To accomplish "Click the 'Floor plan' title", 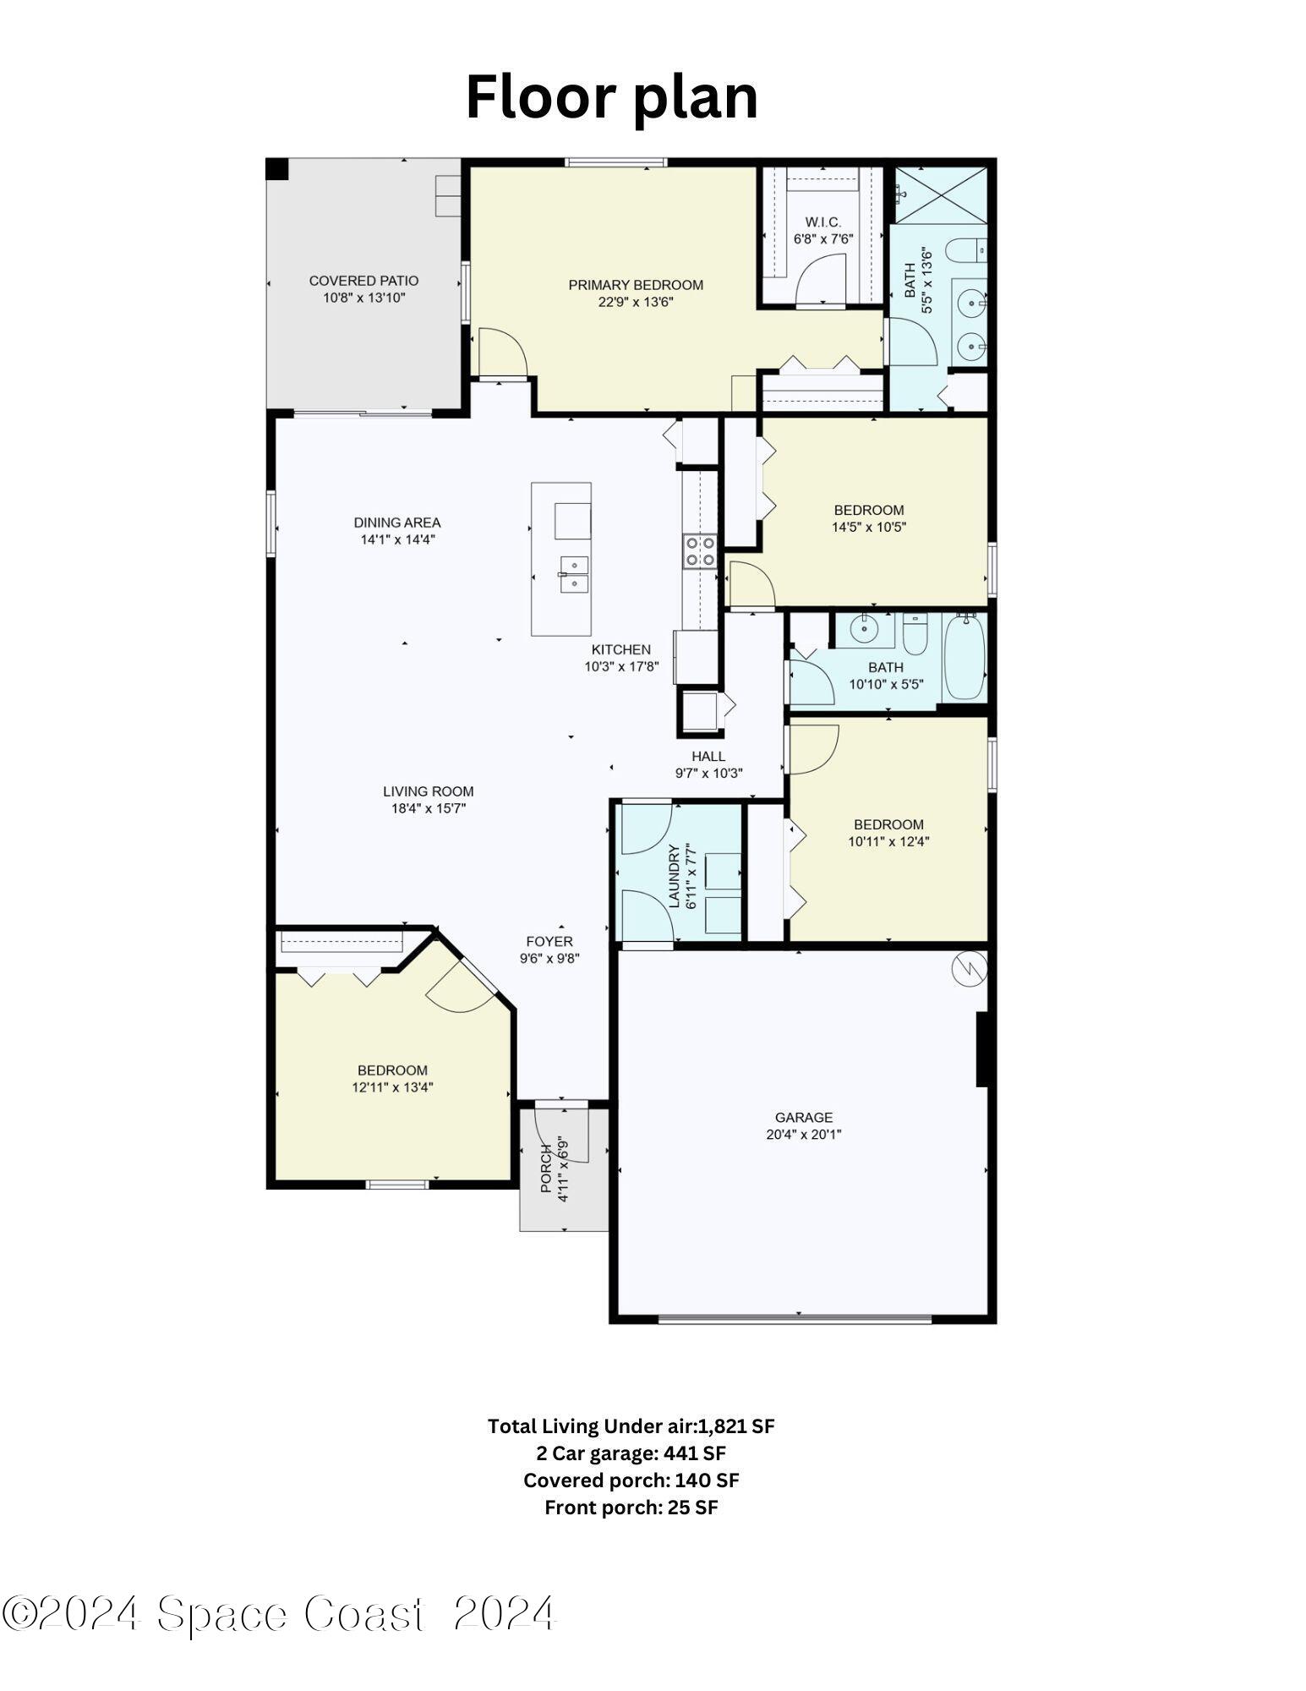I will pos(611,97).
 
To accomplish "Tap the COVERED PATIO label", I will pos(363,281).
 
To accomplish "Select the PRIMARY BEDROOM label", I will pos(635,285).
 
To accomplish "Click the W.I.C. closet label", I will pos(822,222).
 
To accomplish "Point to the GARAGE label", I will pos(803,1117).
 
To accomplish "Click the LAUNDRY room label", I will pos(674,876).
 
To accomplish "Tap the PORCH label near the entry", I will pos(546,1168).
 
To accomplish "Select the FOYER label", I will pos(549,941).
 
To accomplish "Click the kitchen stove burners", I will pos(699,550).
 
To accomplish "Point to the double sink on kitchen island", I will pos(573,574).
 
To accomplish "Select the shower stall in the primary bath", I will pos(940,195).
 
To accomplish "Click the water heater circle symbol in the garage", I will pos(969,969).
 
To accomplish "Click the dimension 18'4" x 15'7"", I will pos(428,808).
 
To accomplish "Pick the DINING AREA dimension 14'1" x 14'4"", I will pos(397,539).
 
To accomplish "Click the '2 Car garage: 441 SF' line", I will pos(631,1453).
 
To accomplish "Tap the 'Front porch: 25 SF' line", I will pos(631,1508).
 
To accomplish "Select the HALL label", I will pos(708,756).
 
